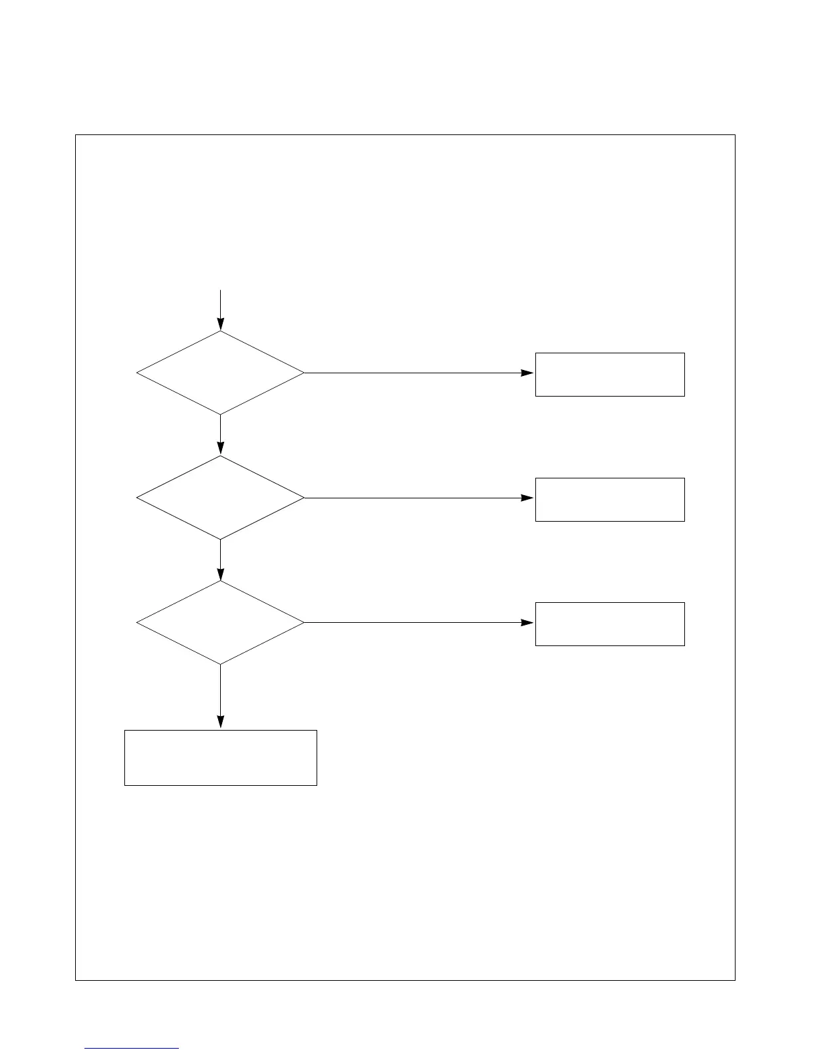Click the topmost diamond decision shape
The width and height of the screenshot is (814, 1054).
220,373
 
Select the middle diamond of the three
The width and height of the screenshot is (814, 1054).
220,497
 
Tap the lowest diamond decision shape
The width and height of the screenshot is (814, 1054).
220,622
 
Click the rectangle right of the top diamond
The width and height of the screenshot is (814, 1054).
610,375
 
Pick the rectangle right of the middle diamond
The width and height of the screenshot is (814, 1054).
610,499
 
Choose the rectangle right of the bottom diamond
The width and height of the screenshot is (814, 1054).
610,623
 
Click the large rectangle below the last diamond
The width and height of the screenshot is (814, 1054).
220,757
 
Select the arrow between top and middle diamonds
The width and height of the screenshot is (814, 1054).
220,434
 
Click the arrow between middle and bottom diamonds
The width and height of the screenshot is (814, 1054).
220,559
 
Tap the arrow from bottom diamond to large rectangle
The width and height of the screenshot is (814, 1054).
220,695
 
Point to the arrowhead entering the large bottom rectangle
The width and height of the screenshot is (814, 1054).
220,723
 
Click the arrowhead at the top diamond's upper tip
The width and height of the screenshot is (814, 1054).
220,324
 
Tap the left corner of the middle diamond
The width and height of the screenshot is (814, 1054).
138,497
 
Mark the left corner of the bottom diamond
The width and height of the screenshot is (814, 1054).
138,622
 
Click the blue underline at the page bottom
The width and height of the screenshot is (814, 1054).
132,1049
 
